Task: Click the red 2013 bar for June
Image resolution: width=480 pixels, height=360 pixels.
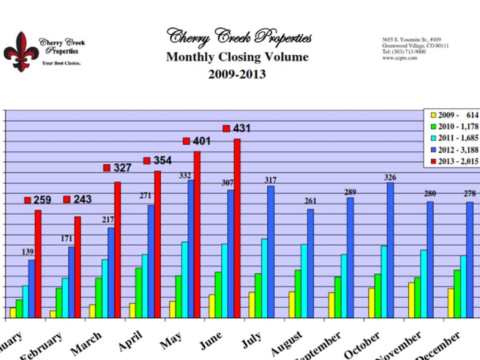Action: [x=237, y=229]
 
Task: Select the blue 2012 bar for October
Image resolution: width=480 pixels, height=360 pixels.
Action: [x=390, y=250]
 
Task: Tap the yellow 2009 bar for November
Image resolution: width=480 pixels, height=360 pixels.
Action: [x=411, y=300]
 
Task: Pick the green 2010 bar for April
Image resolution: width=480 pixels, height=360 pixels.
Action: [x=138, y=293]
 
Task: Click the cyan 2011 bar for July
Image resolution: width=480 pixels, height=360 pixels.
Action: [x=265, y=278]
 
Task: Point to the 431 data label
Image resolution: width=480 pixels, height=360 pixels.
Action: [x=241, y=128]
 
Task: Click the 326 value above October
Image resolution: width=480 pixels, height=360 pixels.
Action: [x=390, y=178]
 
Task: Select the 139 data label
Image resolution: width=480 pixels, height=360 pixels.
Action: [x=28, y=252]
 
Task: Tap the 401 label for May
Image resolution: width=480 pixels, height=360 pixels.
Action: [x=202, y=141]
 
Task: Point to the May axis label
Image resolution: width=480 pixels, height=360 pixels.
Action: [x=171, y=344]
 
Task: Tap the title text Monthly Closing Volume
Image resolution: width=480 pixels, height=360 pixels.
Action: [x=237, y=57]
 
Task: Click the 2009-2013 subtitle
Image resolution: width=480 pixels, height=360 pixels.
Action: [x=237, y=74]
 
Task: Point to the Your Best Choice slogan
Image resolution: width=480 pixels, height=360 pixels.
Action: [x=61, y=63]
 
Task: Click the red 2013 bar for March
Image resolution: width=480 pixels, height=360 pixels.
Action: [x=118, y=250]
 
